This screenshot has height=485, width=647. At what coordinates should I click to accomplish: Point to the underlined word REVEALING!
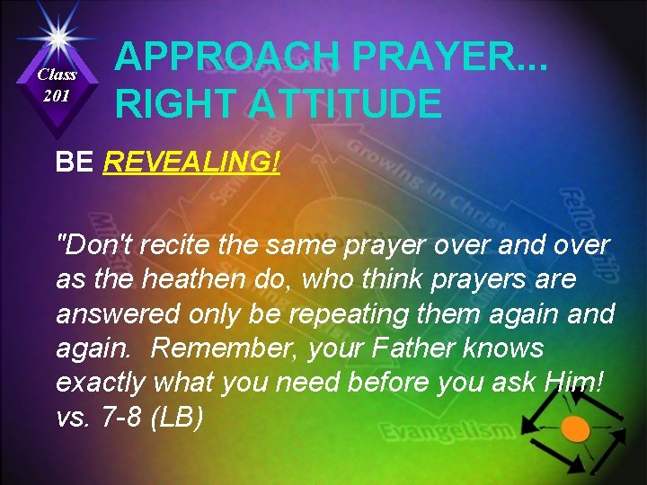192,163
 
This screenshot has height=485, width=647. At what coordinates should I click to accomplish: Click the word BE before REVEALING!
75,163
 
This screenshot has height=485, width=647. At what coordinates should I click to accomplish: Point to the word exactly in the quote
101,384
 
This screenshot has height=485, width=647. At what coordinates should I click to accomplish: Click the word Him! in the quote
577,384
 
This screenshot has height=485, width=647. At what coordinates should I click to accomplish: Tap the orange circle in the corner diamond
575,429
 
